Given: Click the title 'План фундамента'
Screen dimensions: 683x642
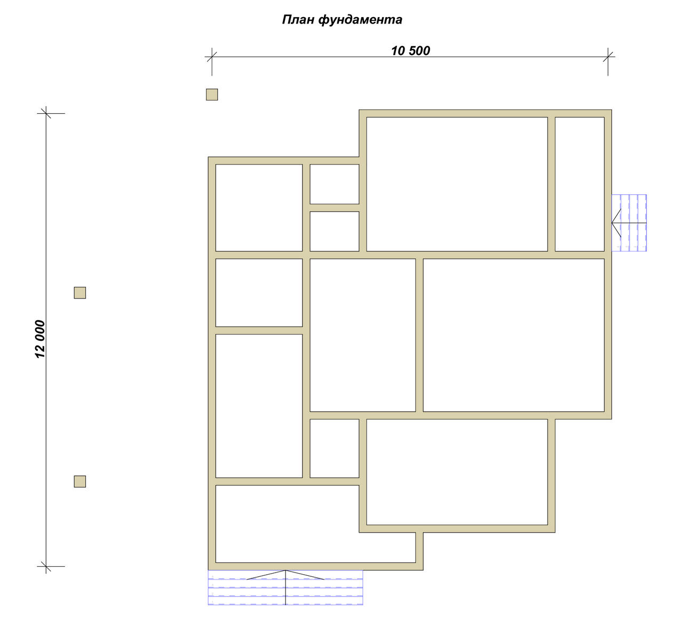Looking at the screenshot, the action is tap(342, 20).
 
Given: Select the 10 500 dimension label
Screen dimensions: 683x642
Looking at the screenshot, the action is tap(410, 51).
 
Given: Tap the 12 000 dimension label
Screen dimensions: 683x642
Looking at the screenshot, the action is tap(40, 339).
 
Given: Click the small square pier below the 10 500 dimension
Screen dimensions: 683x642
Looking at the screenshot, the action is tap(212, 95).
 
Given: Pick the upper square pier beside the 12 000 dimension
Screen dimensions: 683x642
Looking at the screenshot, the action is tap(80, 293).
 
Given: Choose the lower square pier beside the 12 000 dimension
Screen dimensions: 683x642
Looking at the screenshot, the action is tap(80, 482).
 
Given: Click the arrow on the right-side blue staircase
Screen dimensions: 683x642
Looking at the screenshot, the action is tap(629, 223).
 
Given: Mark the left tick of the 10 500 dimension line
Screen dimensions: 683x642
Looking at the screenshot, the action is tap(212, 57).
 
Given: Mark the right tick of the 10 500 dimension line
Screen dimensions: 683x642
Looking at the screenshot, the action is tap(608, 57).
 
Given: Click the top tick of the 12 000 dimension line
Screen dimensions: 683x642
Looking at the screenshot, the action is tap(46, 113).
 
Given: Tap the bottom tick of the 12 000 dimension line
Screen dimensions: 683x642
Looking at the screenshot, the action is tap(46, 566).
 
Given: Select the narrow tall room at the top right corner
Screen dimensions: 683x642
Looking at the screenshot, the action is tap(580, 184).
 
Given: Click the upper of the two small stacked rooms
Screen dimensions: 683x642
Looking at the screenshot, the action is tap(334, 184).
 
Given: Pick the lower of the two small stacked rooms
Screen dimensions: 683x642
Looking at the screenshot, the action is tap(334, 231).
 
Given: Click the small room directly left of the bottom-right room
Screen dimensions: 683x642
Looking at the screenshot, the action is tap(334, 448).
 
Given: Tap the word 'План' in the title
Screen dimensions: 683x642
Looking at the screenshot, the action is tap(298, 20).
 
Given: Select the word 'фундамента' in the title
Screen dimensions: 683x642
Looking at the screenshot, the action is tap(360, 20).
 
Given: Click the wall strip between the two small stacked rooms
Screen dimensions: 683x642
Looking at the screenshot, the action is tap(334, 208).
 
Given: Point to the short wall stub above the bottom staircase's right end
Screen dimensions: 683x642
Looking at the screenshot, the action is tap(419, 551).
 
